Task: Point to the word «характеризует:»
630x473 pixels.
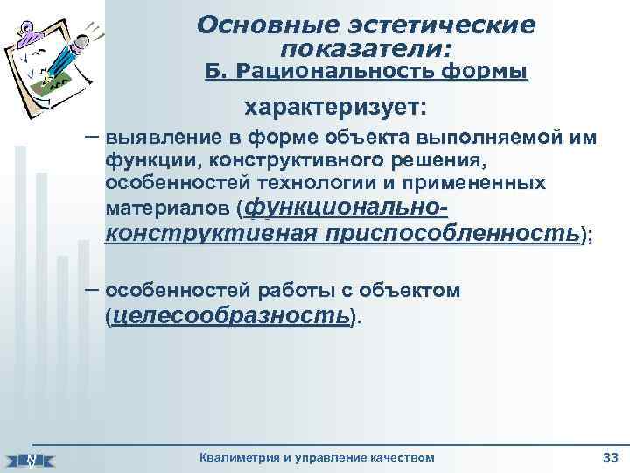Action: [337, 108]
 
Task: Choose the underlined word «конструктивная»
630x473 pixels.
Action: [211, 234]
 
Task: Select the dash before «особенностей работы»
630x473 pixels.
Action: [91, 289]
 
